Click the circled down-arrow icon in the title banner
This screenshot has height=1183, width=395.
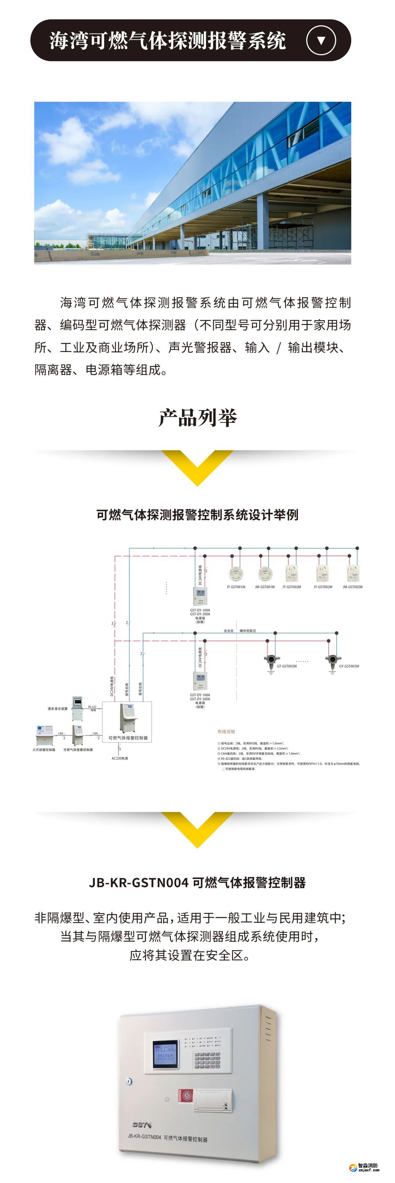321,41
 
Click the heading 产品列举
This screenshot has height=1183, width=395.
197,418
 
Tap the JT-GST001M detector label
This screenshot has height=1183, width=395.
236,587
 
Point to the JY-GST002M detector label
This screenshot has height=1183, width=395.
323,587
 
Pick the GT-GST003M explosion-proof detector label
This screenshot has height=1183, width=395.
287,666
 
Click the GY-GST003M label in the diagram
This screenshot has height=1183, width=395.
349,666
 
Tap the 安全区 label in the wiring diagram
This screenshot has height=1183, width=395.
228,631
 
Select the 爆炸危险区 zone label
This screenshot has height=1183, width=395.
248,631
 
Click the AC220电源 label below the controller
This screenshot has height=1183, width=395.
120,758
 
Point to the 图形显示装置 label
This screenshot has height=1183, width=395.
57,708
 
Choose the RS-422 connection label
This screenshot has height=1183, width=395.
92,707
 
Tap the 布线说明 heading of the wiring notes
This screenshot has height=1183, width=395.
226,732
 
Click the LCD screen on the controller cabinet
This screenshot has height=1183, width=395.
165,1054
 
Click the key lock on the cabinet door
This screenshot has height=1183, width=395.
130,1081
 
